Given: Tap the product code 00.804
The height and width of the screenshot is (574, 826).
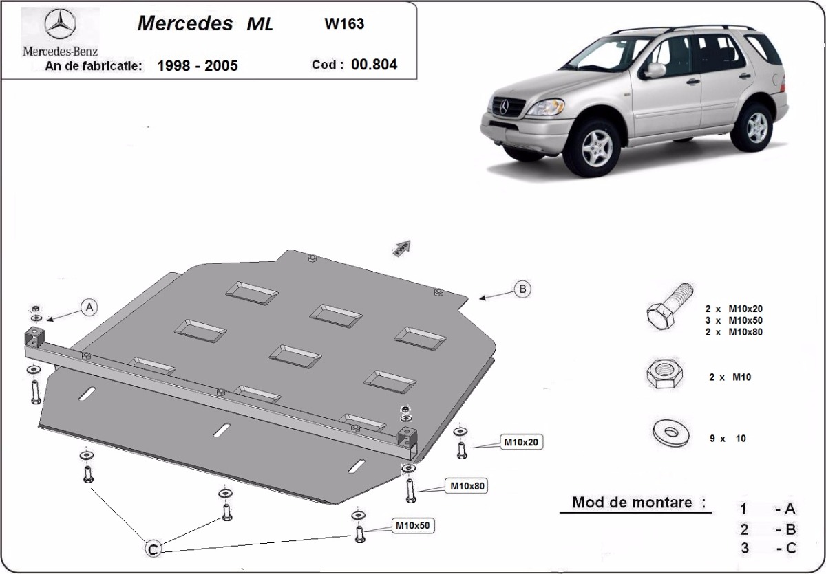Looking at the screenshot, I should (x=374, y=65).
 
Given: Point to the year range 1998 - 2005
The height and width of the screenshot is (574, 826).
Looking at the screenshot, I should (x=198, y=66).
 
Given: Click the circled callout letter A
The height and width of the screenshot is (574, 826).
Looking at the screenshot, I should (x=89, y=308).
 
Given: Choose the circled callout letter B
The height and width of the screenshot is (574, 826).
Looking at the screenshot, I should (x=522, y=289).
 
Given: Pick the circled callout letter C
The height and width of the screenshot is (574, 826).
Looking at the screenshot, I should (x=153, y=548).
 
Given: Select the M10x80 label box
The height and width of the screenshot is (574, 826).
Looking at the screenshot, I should (x=468, y=486).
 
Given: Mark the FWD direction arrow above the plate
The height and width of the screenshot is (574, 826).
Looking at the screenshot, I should (x=401, y=248).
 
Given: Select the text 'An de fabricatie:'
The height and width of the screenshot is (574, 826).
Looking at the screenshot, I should (x=94, y=66).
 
